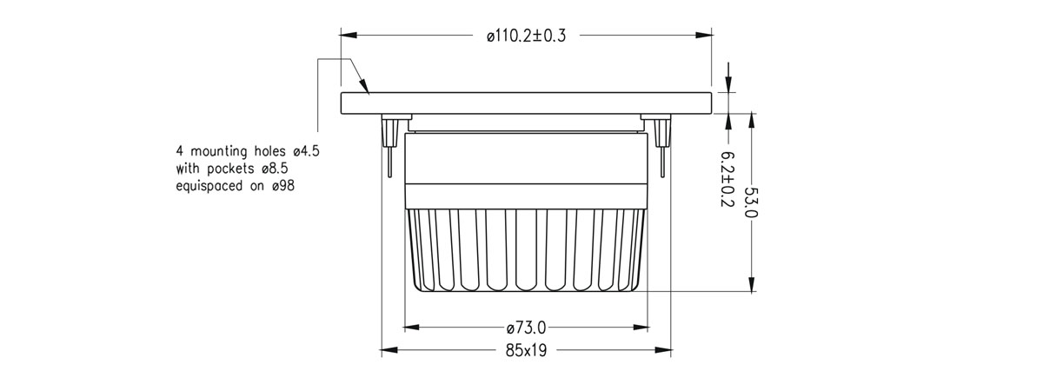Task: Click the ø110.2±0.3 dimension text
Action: [525, 36]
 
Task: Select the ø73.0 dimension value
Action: [526, 328]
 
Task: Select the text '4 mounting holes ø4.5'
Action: [248, 150]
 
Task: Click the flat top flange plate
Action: [526, 103]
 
